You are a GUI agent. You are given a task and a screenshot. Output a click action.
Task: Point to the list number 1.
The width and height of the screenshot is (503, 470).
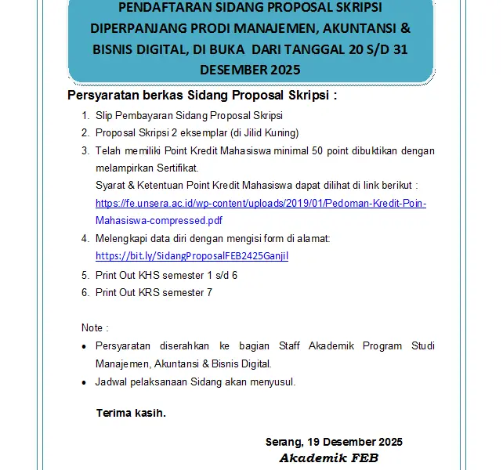tap(85, 116)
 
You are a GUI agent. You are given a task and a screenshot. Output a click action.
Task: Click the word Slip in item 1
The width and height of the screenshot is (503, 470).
tap(104, 116)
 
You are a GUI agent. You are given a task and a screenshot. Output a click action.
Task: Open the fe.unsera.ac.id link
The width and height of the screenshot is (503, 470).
tap(260, 203)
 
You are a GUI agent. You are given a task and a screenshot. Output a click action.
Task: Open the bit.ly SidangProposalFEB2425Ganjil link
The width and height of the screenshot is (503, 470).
tap(192, 255)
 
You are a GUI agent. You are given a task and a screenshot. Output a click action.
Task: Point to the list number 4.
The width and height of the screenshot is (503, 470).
tap(85, 238)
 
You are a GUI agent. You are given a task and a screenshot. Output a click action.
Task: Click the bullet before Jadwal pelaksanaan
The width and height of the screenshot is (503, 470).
tap(85, 382)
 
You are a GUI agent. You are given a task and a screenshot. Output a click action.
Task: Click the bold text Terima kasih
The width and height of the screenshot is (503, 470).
tap(131, 413)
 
